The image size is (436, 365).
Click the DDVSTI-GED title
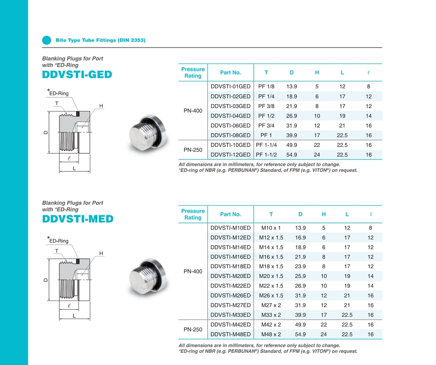point(77,74)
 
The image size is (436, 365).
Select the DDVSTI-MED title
point(78,219)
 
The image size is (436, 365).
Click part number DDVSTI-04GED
point(230,116)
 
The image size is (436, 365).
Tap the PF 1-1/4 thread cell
point(266,145)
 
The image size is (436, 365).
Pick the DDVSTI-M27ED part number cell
point(230,305)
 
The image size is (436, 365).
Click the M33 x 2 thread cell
point(271,315)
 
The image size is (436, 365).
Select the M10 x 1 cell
point(271,228)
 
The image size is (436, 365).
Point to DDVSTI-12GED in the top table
point(230,155)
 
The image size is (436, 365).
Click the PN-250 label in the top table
point(193,150)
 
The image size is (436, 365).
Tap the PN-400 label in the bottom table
point(193,271)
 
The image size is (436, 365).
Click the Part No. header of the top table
point(230,73)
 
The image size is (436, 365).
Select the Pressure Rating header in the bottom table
point(193,214)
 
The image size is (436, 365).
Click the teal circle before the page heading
point(47,40)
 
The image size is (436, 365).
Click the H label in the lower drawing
point(101,253)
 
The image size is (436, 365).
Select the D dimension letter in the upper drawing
point(46,132)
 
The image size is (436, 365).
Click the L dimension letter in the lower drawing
point(74,315)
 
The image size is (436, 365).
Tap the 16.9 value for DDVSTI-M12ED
point(300,238)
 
